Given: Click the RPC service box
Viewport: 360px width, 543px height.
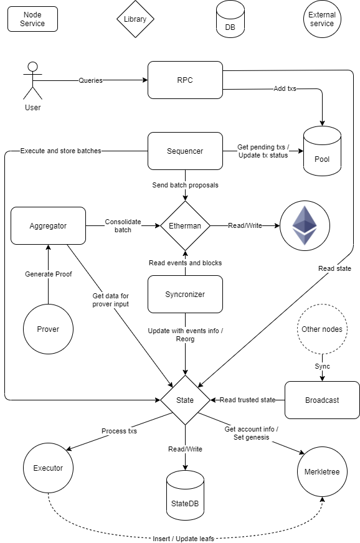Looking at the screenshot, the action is point(185,80).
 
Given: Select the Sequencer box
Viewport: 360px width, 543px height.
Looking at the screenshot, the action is point(185,151).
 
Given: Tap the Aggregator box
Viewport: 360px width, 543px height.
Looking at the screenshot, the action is point(48,226).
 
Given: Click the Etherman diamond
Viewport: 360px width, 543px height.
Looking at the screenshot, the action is point(185,226).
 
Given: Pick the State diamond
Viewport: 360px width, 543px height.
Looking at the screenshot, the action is point(185,400).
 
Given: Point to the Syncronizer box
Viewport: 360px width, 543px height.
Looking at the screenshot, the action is point(185,295).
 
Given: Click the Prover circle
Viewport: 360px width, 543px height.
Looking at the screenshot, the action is point(48,329).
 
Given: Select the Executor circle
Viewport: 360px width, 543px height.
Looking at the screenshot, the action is point(48,468).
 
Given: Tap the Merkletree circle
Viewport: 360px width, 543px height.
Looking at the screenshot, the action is point(322,471).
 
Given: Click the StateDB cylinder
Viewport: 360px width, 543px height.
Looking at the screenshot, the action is point(185,495).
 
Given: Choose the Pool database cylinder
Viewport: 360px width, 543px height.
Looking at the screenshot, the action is point(322,151).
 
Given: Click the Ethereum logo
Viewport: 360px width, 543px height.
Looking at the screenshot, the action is point(305,226).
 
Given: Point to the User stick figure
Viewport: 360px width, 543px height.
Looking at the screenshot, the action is point(32,81).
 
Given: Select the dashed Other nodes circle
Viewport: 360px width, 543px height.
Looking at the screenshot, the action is point(322,329).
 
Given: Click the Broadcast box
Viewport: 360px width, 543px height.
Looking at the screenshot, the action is point(322,400).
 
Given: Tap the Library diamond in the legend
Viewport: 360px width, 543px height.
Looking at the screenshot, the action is point(135,19).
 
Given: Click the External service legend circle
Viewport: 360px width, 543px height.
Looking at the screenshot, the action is point(322,19).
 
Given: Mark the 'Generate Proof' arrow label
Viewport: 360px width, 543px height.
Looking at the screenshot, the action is point(49,274).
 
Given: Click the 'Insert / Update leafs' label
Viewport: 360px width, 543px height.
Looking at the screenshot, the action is point(183,539).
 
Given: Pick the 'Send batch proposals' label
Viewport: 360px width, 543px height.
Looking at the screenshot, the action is point(186,185).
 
